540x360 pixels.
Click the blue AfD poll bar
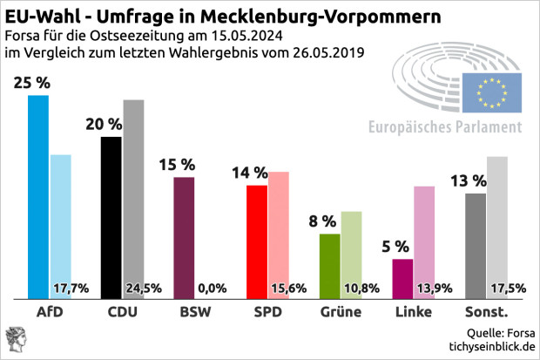point(38,196)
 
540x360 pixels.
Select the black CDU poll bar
point(111,218)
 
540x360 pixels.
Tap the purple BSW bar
point(184,237)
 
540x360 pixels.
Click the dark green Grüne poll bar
point(329,266)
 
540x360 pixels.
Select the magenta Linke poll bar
point(402,279)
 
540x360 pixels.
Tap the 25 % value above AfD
point(31,84)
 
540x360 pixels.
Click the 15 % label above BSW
point(178,166)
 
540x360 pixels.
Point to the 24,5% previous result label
point(144,288)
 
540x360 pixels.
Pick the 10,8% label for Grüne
point(361,288)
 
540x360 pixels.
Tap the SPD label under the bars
point(267,311)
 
